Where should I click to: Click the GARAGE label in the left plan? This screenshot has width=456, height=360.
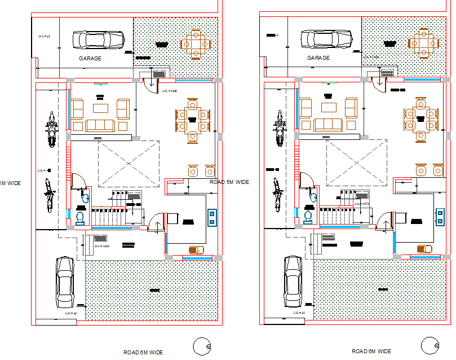(x=90, y=58)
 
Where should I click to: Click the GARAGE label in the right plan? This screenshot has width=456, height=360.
(x=318, y=58)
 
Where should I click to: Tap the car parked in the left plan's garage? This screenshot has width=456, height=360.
(x=99, y=40)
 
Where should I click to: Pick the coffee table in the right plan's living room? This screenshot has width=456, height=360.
(x=329, y=107)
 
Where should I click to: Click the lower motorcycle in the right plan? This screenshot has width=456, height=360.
(x=277, y=195)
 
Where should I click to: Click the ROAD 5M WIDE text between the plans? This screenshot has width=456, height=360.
(x=229, y=182)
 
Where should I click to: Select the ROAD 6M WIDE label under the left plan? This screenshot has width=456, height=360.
(x=143, y=352)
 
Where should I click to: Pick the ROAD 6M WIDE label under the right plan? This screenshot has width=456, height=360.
(x=371, y=352)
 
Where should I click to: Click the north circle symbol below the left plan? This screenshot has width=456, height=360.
(x=201, y=346)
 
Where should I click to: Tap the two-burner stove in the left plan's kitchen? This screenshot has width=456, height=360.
(x=212, y=217)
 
